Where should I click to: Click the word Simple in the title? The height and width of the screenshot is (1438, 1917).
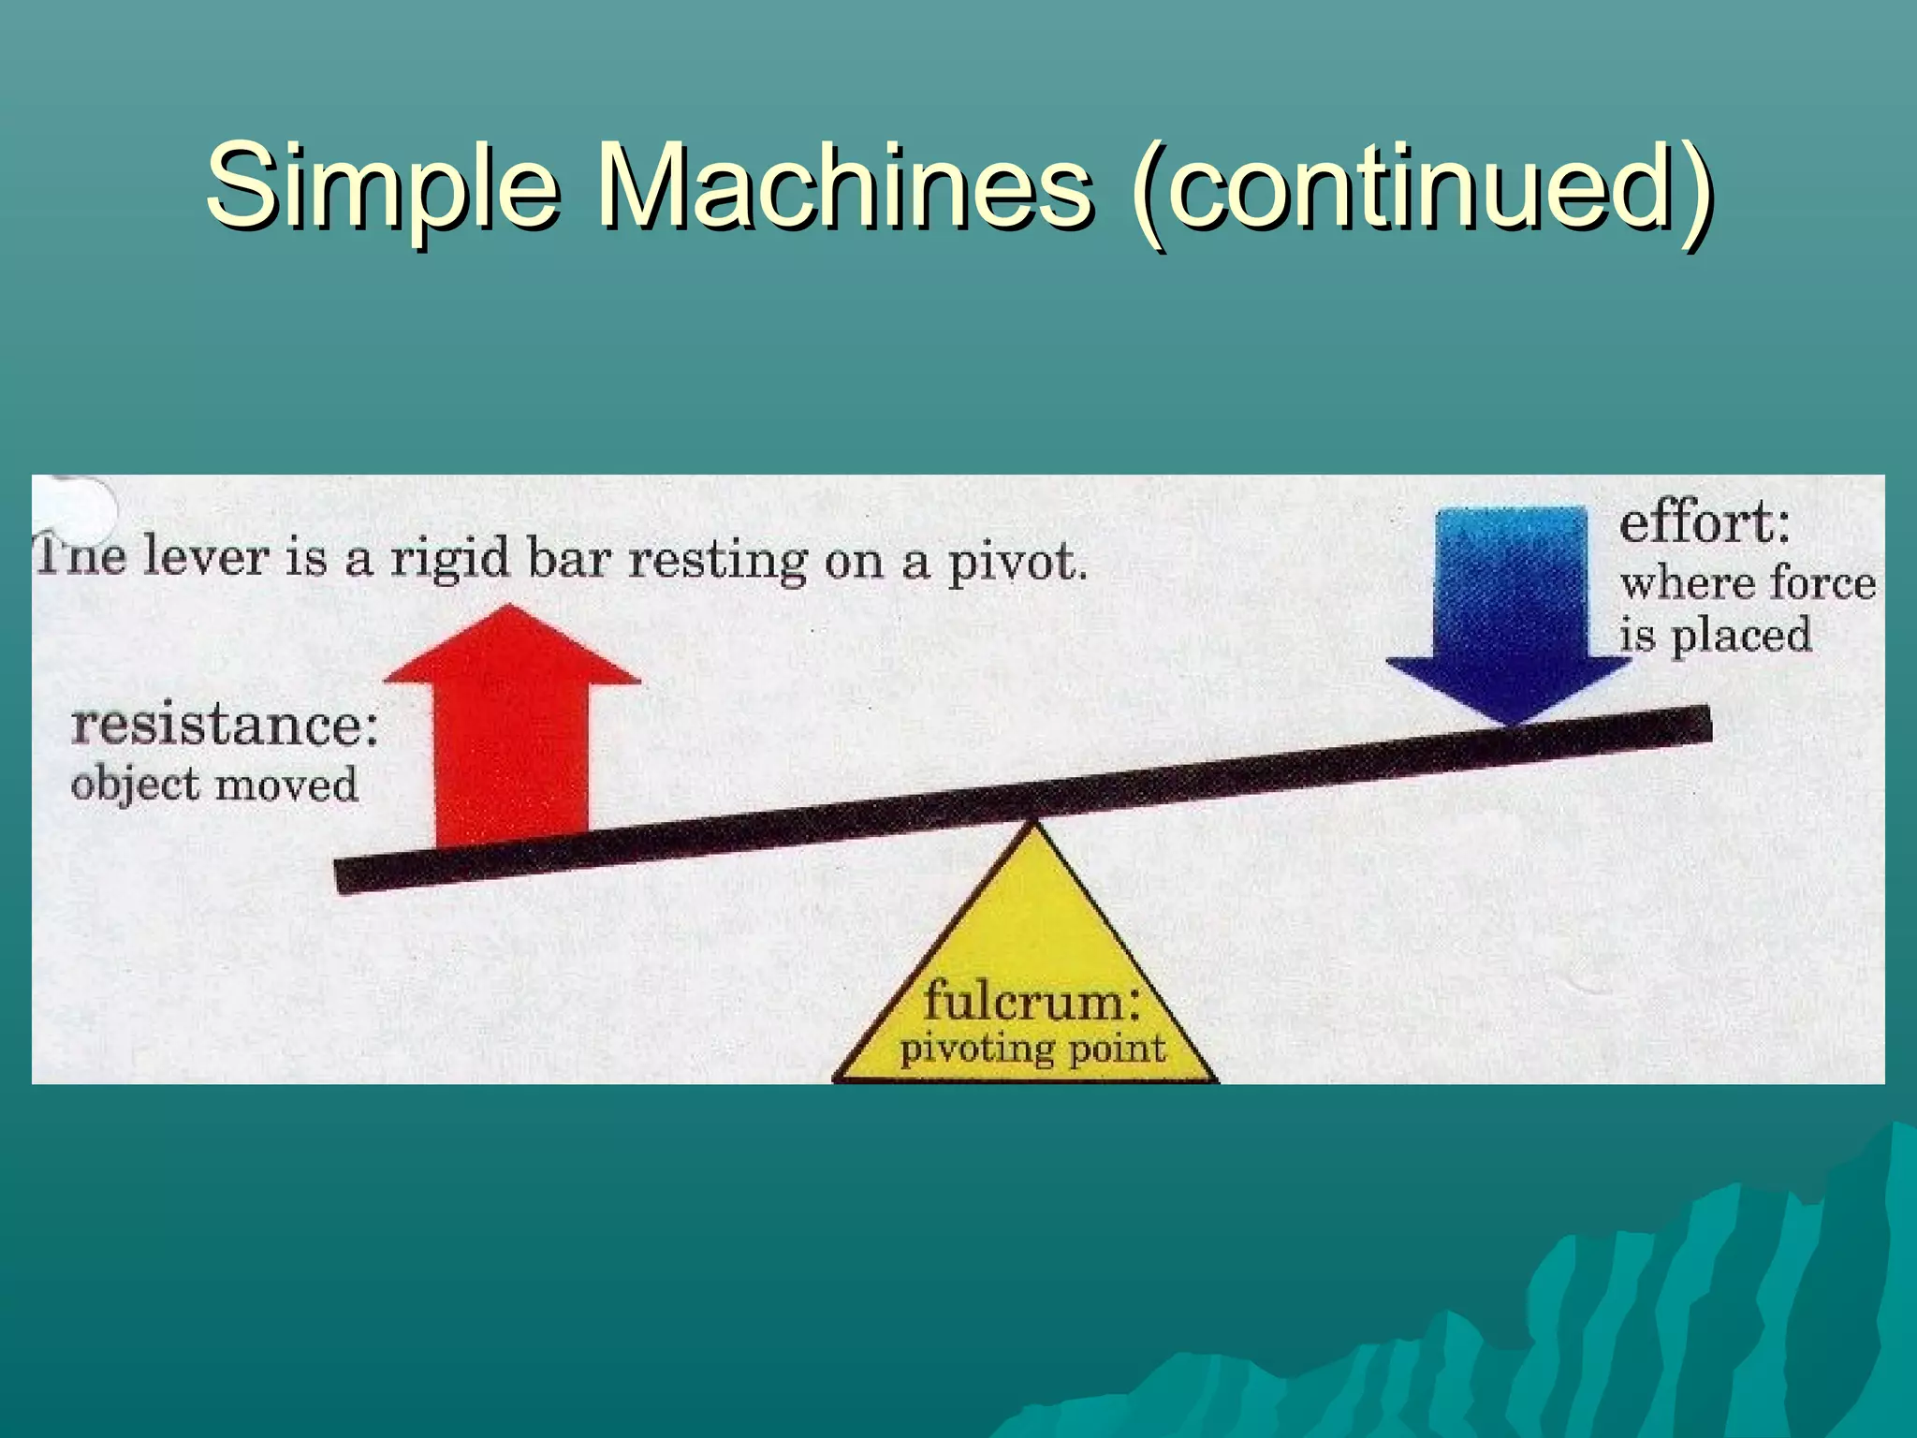pos(382,186)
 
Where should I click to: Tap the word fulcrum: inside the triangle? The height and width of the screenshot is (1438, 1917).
pos(1032,1001)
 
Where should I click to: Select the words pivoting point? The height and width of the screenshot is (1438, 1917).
pos(1032,1049)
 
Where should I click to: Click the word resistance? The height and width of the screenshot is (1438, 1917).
pos(225,726)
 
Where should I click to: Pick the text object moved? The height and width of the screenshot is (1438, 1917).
pos(214,785)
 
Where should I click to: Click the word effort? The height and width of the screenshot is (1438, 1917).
pos(1704,522)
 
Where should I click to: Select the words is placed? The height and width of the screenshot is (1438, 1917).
pos(1715,637)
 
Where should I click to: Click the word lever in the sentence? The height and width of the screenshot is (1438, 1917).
pos(205,558)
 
